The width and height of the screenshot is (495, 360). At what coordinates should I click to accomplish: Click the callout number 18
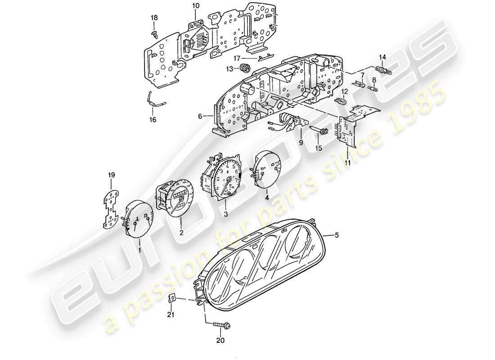pos(154,18)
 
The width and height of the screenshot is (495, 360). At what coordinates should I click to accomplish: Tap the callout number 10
pos(195,6)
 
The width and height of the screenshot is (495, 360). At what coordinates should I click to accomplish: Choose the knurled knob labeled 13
pos(245,70)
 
